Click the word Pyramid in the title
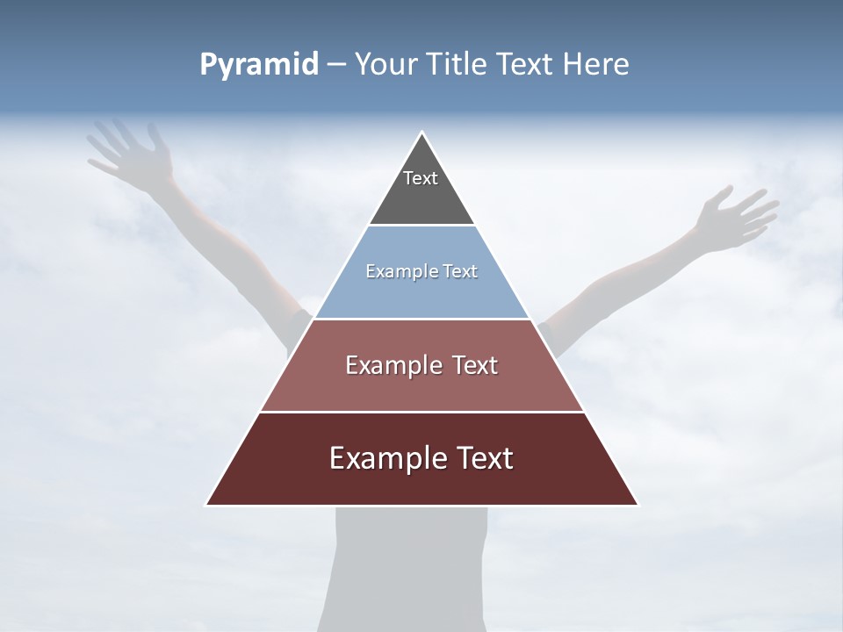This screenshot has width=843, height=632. [259, 65]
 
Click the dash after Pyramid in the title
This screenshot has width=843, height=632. [336, 65]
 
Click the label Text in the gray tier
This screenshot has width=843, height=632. [421, 178]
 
